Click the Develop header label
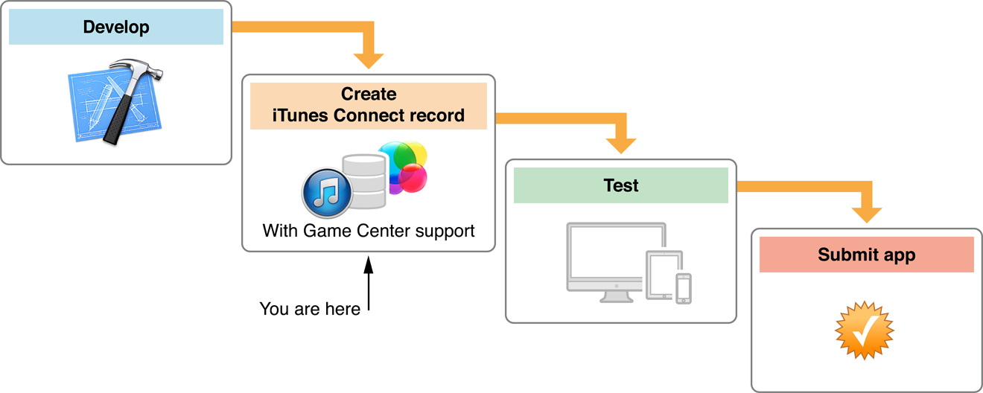(x=116, y=28)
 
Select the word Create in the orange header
(x=369, y=95)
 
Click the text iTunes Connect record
(x=369, y=115)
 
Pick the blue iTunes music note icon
(x=326, y=193)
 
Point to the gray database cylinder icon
(x=364, y=181)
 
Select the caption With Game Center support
(x=369, y=231)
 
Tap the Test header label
(x=621, y=185)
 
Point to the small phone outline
(x=684, y=288)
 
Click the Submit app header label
(x=867, y=255)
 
